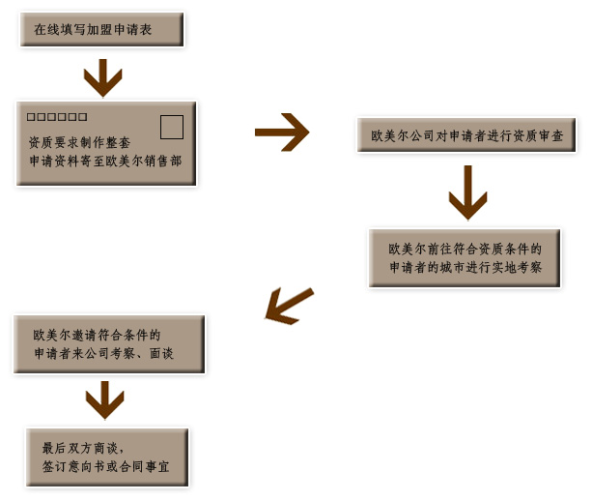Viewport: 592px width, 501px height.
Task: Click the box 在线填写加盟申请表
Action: [x=100, y=30]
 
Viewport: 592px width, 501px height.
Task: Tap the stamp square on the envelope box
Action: [x=171, y=127]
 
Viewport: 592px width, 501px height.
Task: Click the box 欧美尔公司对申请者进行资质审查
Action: [x=466, y=136]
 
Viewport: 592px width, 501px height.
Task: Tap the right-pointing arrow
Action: [x=282, y=133]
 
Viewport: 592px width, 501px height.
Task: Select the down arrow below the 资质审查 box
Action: [x=467, y=192]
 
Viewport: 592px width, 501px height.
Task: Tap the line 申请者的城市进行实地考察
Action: [x=465, y=267]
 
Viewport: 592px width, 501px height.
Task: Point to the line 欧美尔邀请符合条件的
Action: [x=97, y=335]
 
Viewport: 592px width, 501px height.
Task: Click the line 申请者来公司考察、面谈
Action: [x=103, y=354]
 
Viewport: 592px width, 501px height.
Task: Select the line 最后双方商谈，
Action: [x=83, y=448]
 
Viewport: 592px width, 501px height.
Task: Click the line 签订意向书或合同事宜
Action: [x=104, y=466]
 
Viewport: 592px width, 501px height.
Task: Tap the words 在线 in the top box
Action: [x=45, y=30]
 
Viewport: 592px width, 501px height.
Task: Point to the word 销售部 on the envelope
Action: [x=165, y=162]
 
